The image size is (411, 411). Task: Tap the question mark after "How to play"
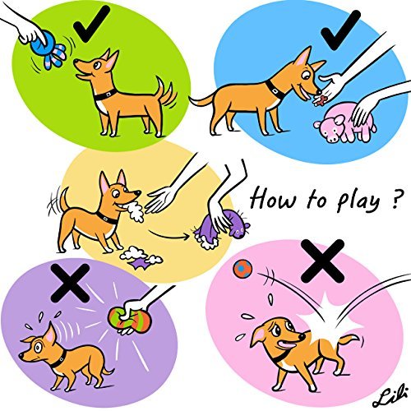click(384, 197)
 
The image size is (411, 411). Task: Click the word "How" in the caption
click(268, 199)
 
